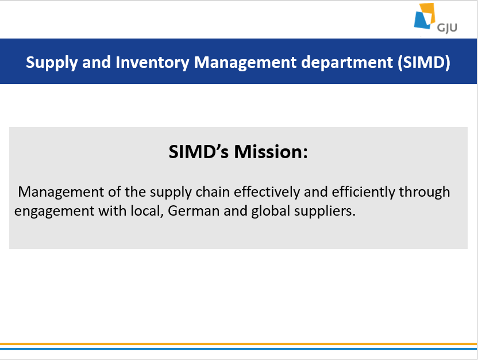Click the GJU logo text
[447, 28]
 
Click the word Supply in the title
[52, 63]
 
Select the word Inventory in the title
[152, 63]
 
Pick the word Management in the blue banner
[245, 63]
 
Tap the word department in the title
[347, 63]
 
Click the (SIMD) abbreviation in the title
[424, 63]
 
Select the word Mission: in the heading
[271, 152]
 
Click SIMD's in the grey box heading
[198, 152]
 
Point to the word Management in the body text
[61, 193]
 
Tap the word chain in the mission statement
[213, 192]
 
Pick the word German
[194, 211]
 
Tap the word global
[271, 212]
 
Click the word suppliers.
[325, 212]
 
